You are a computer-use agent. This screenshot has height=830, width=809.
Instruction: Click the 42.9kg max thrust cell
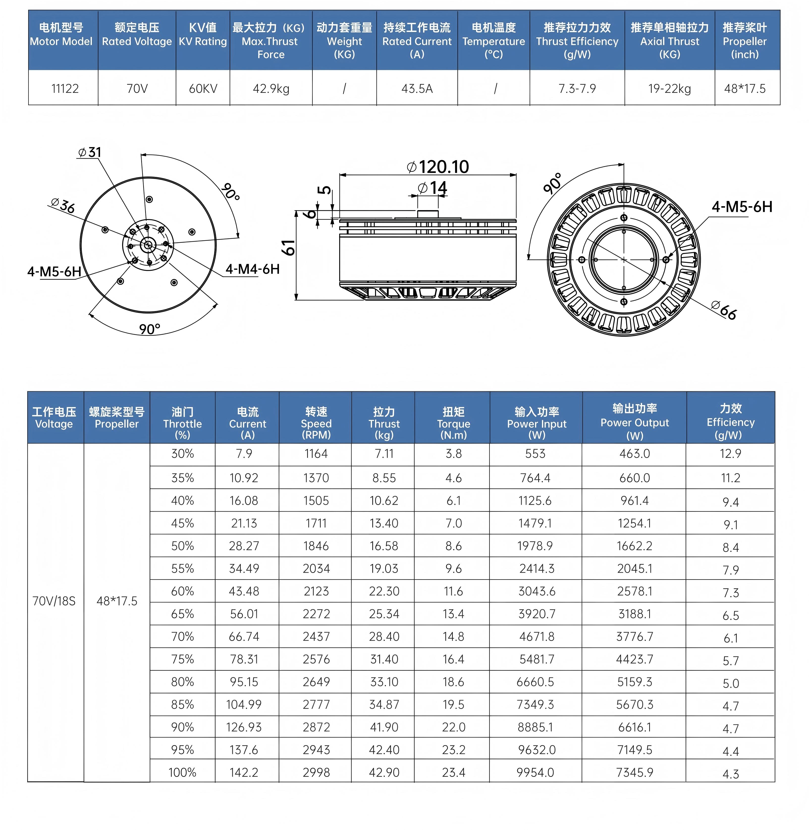click(271, 89)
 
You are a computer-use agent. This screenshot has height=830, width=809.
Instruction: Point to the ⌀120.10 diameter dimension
click(438, 167)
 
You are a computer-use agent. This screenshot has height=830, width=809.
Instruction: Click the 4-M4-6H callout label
click(252, 269)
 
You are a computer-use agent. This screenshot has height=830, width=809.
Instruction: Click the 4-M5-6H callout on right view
click(742, 207)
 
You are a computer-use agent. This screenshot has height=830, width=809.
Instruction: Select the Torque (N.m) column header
click(453, 423)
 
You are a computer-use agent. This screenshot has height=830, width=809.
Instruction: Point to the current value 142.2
click(244, 772)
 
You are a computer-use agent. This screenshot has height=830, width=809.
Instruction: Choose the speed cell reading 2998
click(316, 772)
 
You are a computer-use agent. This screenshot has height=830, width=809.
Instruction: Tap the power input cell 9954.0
click(535, 772)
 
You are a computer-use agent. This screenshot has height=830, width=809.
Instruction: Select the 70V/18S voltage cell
click(54, 601)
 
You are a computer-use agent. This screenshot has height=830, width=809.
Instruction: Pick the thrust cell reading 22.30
click(384, 591)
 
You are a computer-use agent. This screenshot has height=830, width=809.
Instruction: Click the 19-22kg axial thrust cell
click(669, 89)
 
